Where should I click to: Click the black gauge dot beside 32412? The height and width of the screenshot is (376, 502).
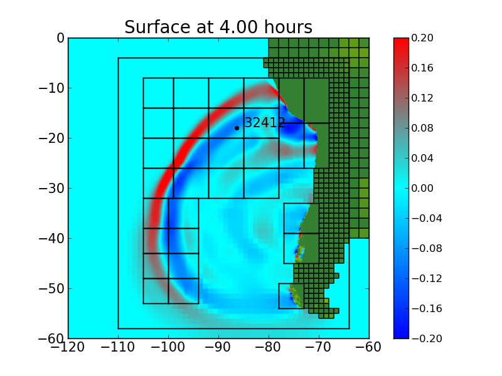[237, 128]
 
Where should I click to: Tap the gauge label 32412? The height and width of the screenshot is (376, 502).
[265, 123]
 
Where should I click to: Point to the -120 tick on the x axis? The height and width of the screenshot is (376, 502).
[68, 350]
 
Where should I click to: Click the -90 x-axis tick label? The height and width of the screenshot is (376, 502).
[218, 350]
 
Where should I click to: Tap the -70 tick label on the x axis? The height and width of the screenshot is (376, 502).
[319, 350]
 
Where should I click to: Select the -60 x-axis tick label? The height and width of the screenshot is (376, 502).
[369, 350]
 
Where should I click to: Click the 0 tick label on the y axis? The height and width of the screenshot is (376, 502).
[60, 38]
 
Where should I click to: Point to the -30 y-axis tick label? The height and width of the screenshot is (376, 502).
[52, 188]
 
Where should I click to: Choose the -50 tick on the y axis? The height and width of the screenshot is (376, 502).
[52, 288]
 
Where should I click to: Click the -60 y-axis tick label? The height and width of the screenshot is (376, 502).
[52, 338]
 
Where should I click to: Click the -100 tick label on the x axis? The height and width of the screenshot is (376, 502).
[168, 350]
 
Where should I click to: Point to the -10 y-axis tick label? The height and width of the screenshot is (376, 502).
[52, 88]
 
